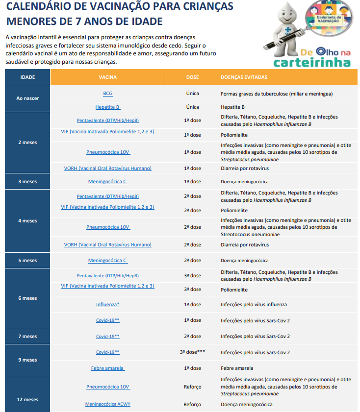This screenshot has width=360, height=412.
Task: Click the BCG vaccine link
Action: (x=107, y=93)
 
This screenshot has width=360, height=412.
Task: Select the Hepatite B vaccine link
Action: (x=107, y=107)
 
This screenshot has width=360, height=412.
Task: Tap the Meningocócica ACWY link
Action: (x=107, y=404)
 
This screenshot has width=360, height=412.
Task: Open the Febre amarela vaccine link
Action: (x=107, y=368)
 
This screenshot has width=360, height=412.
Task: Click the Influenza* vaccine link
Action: (x=107, y=304)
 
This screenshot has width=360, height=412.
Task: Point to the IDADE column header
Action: (x=27, y=77)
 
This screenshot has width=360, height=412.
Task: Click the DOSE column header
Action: (x=193, y=77)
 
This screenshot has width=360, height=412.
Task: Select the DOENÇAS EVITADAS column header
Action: (x=244, y=77)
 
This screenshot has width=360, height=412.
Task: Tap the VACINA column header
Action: (x=107, y=77)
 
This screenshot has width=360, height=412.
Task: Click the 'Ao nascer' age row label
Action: (x=27, y=98)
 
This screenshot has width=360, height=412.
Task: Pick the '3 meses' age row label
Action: (x=27, y=181)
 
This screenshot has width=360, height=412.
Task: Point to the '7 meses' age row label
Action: (x=27, y=336)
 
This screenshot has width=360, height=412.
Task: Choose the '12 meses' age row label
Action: (x=27, y=399)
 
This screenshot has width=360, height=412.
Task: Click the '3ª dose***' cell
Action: (x=193, y=352)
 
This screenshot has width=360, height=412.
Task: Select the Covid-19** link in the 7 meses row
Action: (x=107, y=336)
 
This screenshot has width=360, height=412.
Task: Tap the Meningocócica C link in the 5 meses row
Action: (x=107, y=260)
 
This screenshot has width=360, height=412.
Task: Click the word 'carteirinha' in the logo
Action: (x=312, y=62)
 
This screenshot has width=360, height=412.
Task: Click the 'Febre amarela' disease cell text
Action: (x=237, y=368)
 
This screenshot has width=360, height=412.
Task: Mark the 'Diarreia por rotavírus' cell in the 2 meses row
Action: (x=245, y=168)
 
